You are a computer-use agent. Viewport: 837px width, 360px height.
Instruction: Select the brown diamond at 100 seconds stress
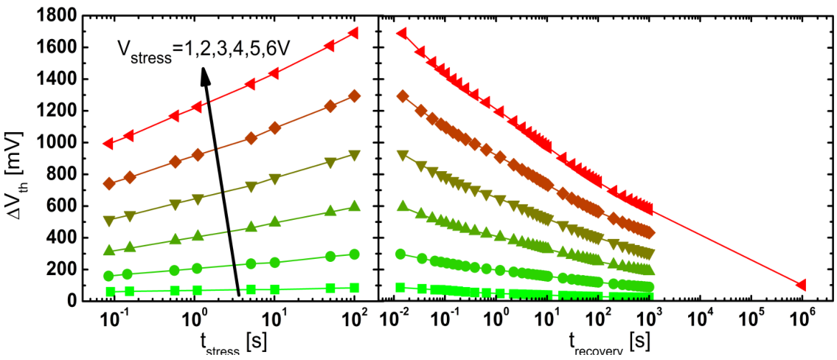(x=354, y=96)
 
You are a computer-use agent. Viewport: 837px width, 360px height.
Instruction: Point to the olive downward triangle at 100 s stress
(x=354, y=156)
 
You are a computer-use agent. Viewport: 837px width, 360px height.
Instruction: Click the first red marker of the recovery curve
(x=403, y=33)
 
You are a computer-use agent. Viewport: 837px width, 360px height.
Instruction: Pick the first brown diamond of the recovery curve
(x=403, y=96)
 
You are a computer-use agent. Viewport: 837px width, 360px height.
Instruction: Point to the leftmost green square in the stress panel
(x=111, y=292)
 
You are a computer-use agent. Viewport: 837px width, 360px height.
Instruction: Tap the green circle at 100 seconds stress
(x=354, y=254)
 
